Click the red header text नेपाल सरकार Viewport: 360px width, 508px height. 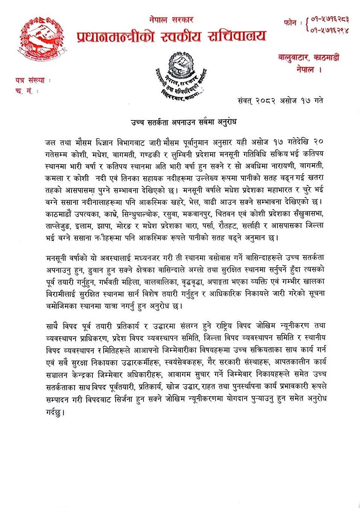[x=171, y=20]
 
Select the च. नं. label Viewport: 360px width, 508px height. [x=26, y=91]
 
